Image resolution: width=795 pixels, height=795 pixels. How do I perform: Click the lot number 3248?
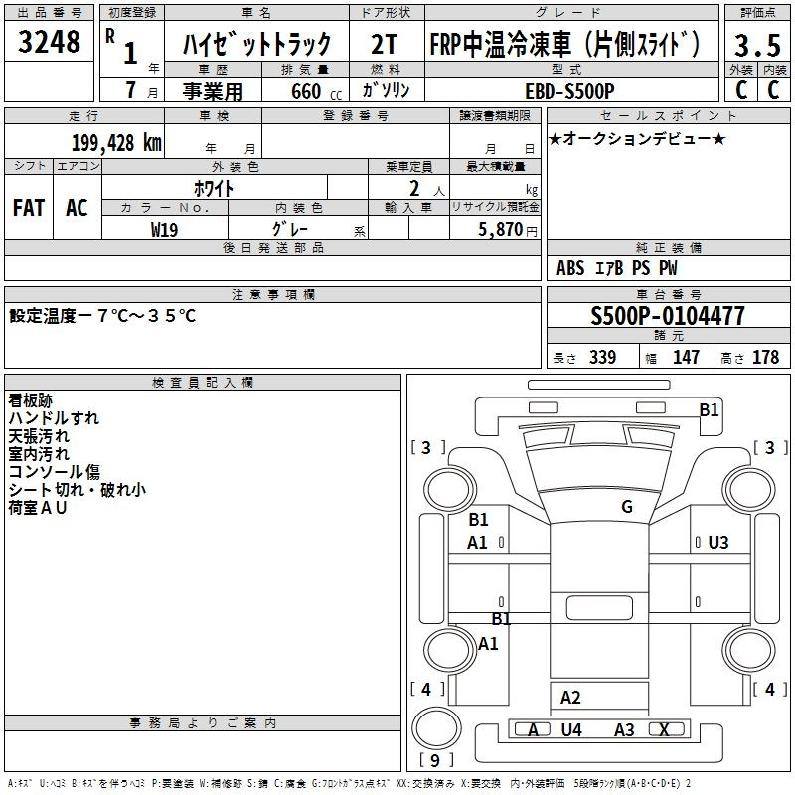(49, 42)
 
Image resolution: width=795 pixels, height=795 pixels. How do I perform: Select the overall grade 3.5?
(757, 45)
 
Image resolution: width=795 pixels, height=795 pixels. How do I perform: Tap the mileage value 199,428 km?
(116, 143)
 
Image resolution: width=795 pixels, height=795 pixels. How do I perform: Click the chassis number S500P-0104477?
(668, 316)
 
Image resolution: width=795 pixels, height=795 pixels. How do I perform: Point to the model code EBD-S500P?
(569, 91)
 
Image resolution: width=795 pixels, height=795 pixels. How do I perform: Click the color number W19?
(164, 230)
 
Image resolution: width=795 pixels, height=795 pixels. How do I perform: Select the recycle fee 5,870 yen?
(508, 229)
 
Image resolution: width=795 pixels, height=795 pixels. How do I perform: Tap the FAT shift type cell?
(29, 208)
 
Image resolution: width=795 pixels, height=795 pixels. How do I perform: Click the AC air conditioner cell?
(77, 208)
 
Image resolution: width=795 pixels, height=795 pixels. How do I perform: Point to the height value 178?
(765, 357)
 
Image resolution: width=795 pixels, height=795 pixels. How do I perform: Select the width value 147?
(686, 357)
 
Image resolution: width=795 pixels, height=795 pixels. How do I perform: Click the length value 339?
(603, 357)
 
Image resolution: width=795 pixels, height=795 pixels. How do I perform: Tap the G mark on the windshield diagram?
(627, 506)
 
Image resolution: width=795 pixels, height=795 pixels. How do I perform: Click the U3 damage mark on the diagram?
(717, 542)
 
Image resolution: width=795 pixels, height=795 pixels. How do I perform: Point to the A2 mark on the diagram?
(570, 698)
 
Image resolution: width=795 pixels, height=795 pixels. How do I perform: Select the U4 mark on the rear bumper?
(571, 729)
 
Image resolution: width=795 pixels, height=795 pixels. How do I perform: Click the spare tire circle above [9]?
(436, 728)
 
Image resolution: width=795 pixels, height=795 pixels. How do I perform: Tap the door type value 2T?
(385, 44)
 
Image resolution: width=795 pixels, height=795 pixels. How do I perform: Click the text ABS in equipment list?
(570, 267)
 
